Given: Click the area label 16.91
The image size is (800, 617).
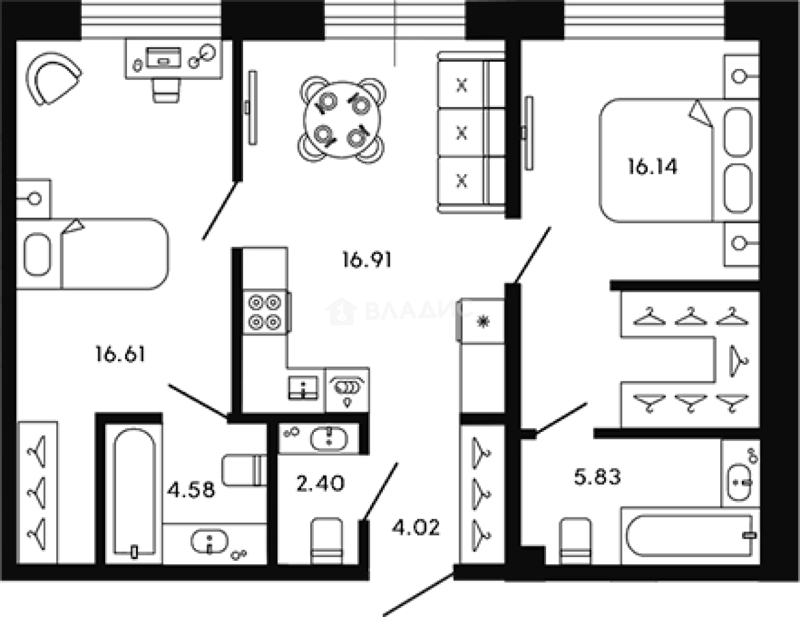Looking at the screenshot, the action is [367, 260].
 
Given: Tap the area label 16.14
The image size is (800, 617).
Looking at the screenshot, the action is [652, 167].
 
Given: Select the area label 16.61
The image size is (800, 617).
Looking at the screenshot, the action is [120, 353].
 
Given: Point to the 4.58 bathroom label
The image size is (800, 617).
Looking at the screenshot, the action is [191, 490].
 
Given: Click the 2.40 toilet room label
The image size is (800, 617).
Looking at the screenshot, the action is [320, 484].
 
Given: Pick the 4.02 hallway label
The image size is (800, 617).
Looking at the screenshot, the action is [416, 528].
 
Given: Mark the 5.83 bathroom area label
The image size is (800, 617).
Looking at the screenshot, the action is [597, 477].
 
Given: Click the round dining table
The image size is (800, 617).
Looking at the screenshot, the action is [342, 120].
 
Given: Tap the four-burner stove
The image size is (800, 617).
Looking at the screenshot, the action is [265, 312].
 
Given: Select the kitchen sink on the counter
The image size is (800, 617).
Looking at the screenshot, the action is [303, 388].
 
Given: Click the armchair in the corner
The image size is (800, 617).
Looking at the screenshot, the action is [53, 78].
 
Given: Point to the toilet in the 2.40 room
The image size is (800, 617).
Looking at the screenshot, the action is [327, 540].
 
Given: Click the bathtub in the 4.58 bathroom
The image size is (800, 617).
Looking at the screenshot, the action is [134, 493].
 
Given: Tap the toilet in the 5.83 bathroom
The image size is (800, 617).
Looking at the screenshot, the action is [575, 540].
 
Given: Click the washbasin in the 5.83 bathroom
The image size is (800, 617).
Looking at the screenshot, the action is [739, 482].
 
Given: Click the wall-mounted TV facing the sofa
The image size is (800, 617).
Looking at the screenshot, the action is [253, 107].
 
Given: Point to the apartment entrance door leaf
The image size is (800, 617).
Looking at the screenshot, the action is [419, 593].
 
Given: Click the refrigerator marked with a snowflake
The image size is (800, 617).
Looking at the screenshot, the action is [480, 321].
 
